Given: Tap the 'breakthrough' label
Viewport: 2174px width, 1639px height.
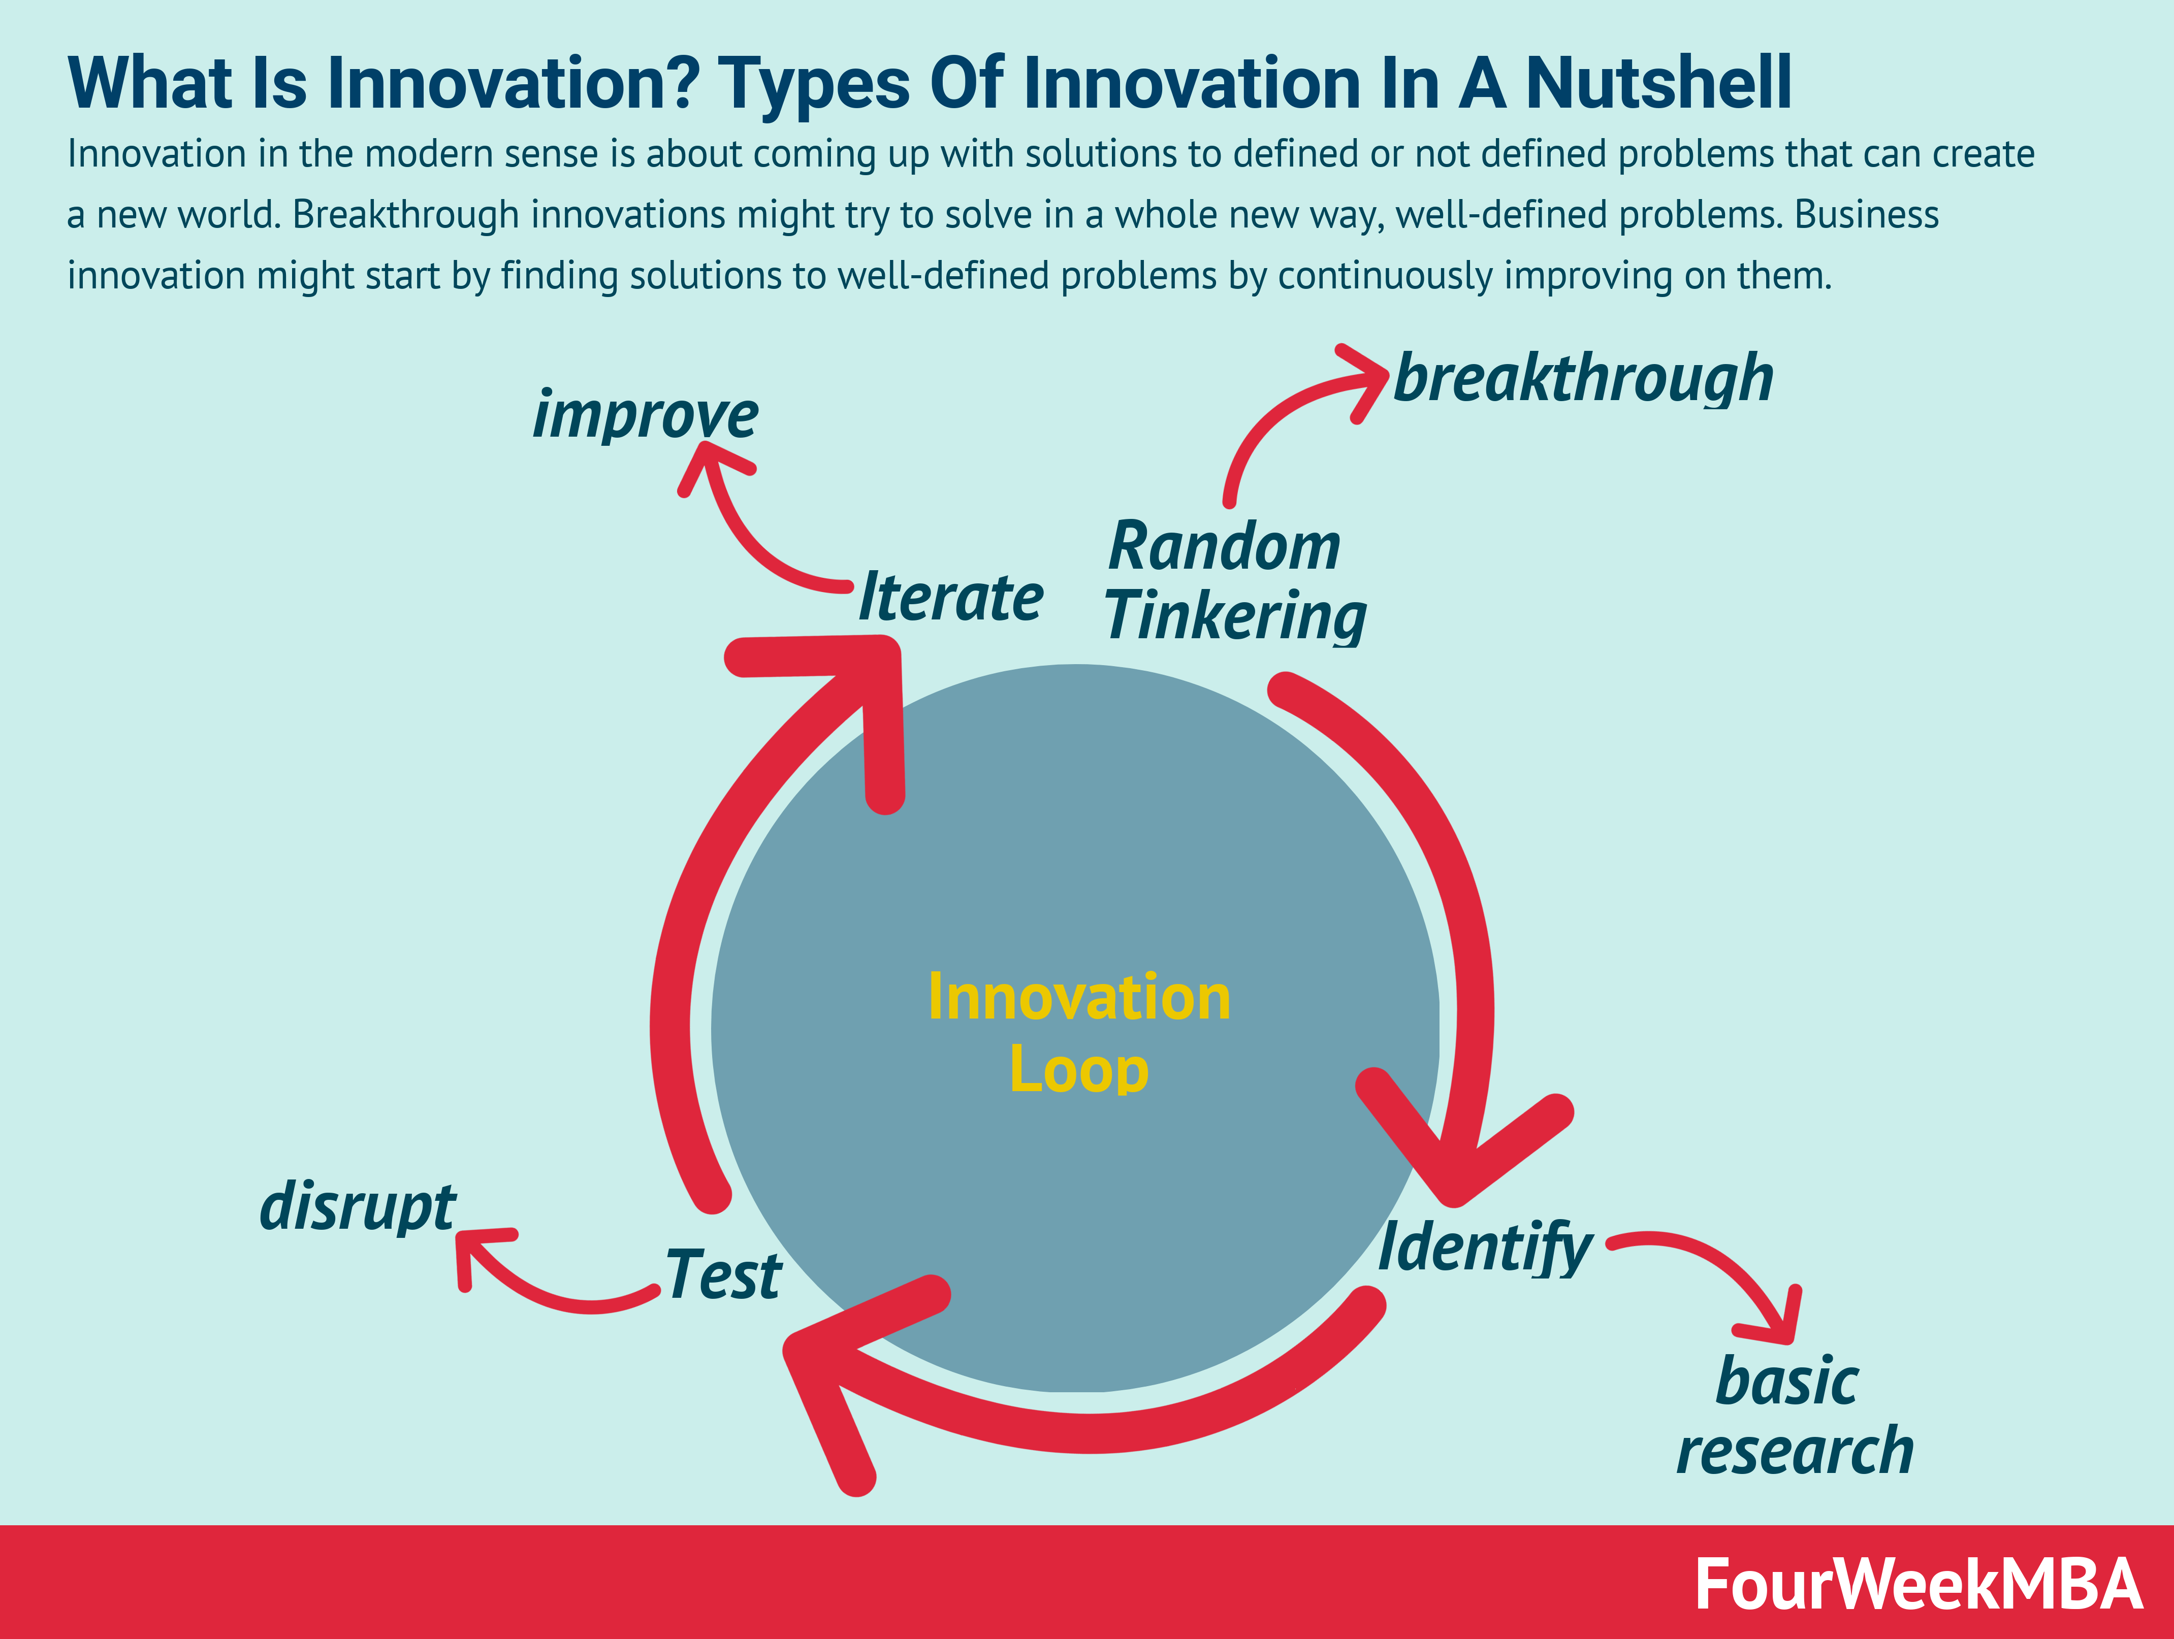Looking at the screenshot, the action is (x=1583, y=378).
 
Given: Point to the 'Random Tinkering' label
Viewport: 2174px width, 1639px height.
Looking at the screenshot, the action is (x=1235, y=582).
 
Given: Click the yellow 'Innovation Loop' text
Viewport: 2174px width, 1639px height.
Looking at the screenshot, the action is (x=1079, y=1033).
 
